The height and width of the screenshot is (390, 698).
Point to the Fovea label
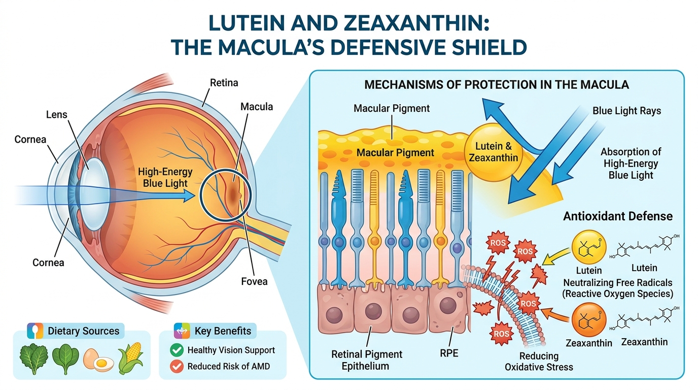tap(255, 281)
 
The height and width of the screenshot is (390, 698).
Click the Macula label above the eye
tap(257, 107)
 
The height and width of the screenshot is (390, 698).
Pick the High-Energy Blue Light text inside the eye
tap(165, 178)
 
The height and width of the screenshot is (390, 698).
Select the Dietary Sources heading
tap(83, 331)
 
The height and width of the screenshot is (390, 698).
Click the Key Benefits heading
tap(223, 331)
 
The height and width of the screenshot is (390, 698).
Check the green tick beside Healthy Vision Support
tap(177, 350)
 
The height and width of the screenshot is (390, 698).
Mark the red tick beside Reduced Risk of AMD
tap(177, 366)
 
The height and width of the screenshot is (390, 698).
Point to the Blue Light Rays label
tap(626, 110)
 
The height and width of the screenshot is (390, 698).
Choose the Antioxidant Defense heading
tap(618, 216)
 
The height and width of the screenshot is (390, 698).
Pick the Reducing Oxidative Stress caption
tap(539, 361)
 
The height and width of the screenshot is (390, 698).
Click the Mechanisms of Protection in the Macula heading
tap(497, 85)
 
